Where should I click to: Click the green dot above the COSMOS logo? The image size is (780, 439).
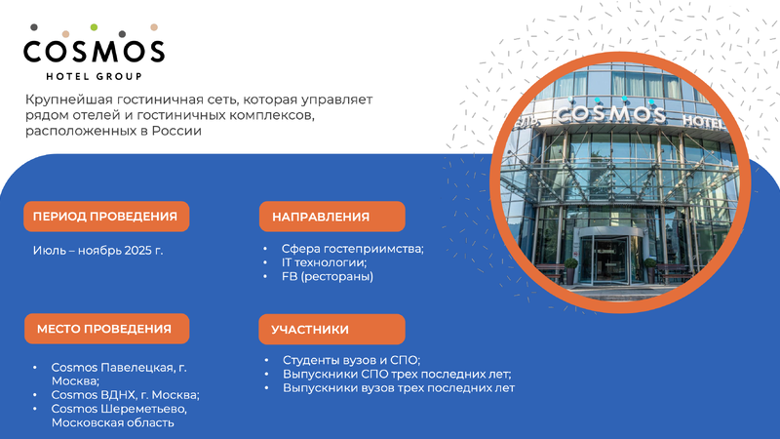(94, 27)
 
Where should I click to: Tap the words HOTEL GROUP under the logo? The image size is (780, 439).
(94, 77)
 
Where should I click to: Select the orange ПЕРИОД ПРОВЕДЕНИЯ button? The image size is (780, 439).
(106, 217)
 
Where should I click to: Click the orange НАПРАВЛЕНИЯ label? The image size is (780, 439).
(331, 217)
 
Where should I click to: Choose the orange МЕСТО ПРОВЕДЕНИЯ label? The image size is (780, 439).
(106, 329)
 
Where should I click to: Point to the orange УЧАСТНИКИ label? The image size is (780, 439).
(331, 329)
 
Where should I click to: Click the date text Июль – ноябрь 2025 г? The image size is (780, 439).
(98, 251)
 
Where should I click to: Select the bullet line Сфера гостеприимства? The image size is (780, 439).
(353, 249)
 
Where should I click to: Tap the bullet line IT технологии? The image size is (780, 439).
(324, 262)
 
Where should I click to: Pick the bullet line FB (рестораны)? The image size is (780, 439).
(328, 276)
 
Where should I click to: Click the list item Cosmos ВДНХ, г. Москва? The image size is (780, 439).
(126, 395)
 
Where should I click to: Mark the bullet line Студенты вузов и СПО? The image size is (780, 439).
(352, 360)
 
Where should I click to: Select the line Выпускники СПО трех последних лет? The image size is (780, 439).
(397, 374)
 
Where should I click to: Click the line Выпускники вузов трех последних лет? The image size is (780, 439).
(399, 387)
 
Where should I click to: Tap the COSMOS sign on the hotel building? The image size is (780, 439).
(611, 114)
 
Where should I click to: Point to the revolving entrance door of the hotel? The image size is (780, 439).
(611, 258)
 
